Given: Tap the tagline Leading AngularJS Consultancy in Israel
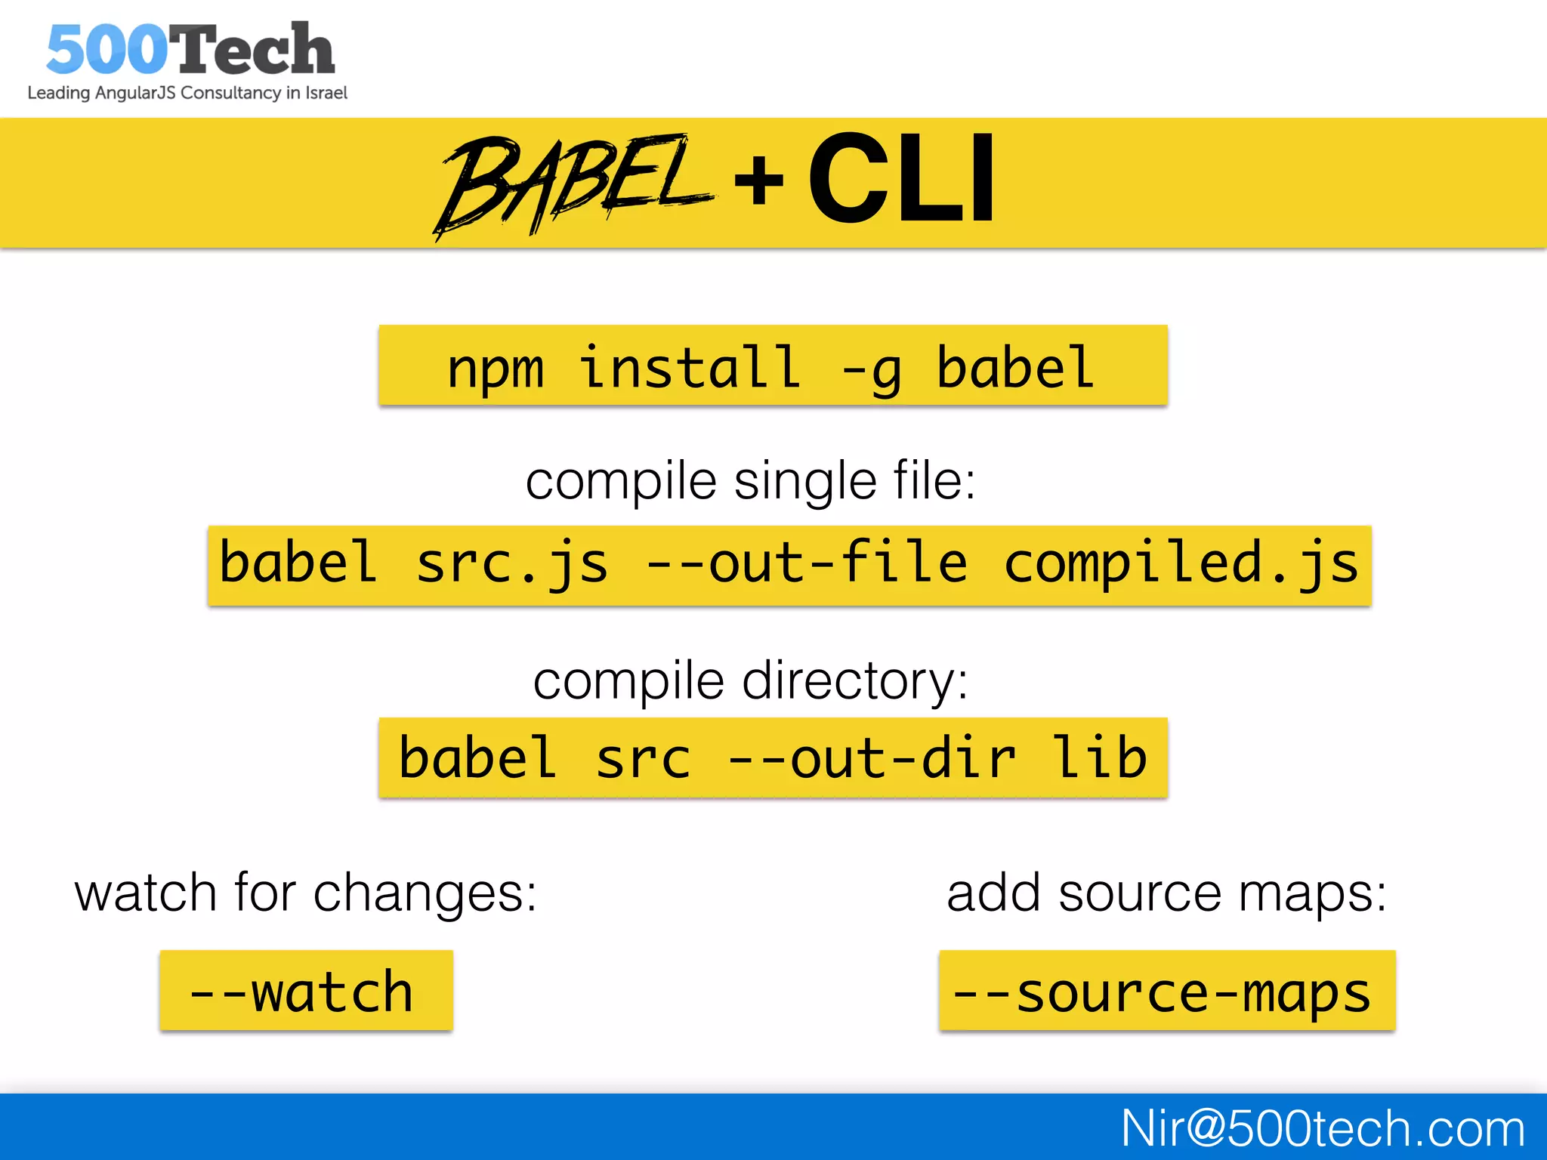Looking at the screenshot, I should coord(187,93).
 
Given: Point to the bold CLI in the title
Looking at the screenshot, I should coord(901,178).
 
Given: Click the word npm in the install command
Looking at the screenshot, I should coord(495,369).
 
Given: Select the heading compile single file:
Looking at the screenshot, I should coord(750,481).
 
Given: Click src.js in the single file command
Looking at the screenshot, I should coord(511,564).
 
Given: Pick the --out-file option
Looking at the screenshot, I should coord(806,563).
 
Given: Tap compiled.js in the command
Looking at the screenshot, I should coord(1181,564).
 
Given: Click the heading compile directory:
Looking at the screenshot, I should coord(750,681).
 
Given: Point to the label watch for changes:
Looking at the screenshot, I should coord(305,893).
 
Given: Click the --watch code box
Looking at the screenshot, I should coord(305,991).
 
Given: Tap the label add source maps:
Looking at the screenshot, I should coord(1166,893).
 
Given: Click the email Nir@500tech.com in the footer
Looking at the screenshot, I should coord(1322,1128).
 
